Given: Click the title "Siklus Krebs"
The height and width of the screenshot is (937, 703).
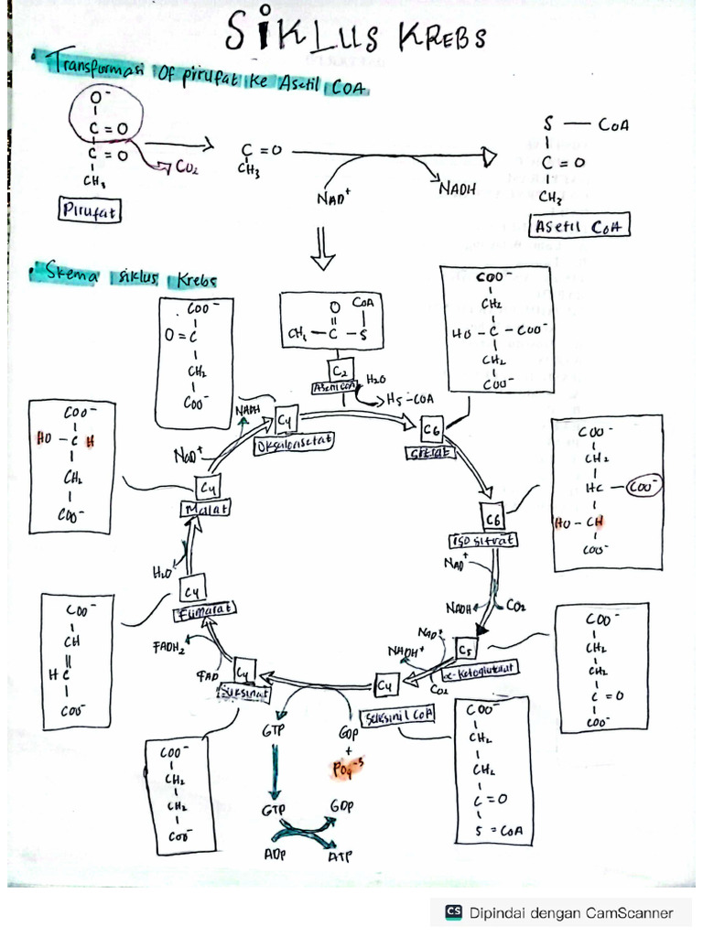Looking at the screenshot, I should click(357, 38).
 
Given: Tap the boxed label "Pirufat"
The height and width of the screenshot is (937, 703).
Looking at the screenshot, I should click(91, 211).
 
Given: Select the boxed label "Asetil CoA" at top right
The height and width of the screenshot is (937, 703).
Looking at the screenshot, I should click(581, 227).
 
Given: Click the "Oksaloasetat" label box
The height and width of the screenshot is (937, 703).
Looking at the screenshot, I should click(294, 441).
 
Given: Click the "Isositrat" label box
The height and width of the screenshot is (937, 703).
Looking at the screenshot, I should click(483, 541).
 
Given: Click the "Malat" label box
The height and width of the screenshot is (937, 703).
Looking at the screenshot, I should click(207, 508).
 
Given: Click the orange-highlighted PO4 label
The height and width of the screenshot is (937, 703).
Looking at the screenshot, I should click(347, 769).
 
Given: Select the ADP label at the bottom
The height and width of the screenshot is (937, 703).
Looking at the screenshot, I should click(274, 855).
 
